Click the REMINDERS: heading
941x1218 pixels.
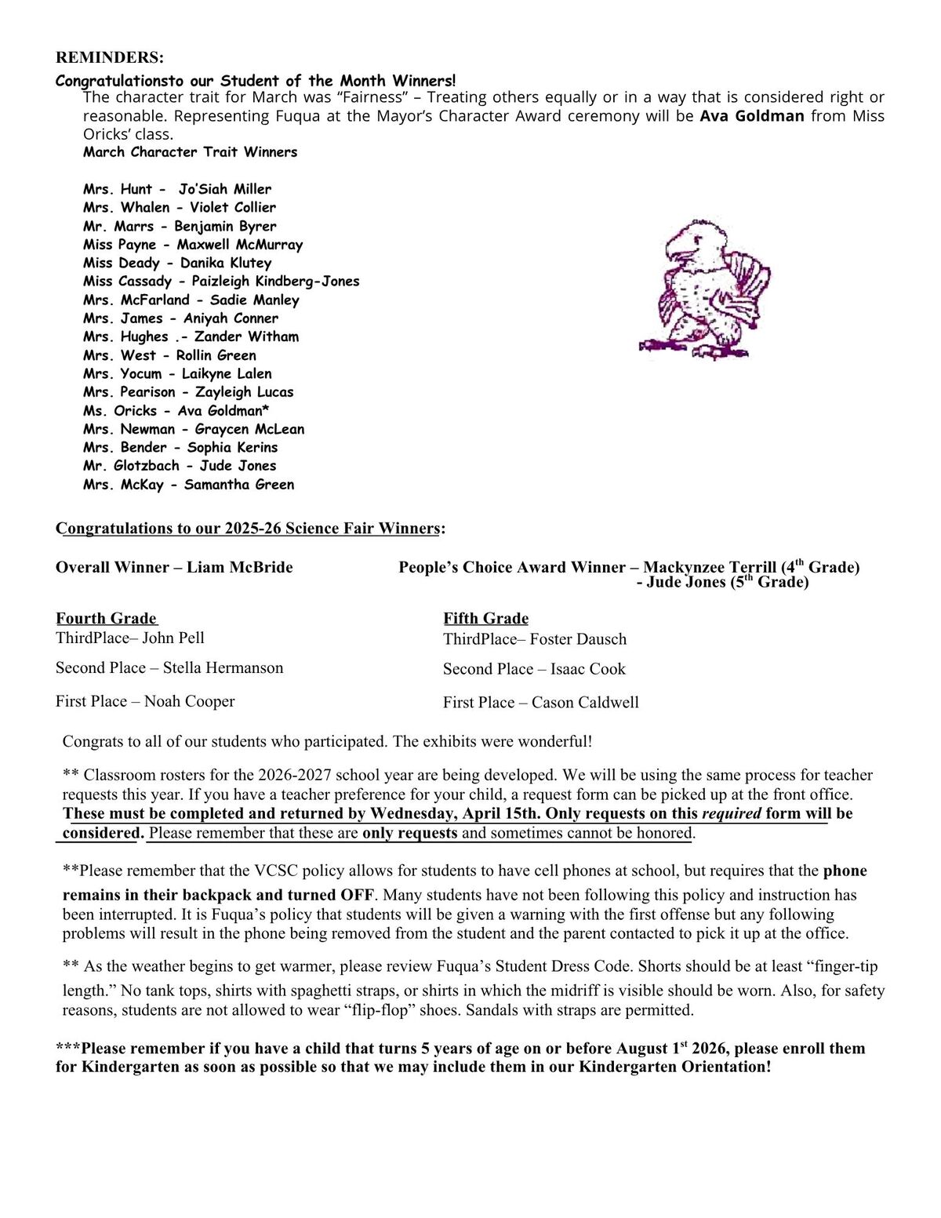110,57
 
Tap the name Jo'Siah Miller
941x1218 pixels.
224,189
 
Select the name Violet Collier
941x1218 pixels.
232,208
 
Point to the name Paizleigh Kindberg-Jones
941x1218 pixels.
275,281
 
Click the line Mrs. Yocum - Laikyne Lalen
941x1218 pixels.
177,373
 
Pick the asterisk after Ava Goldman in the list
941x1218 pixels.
266,408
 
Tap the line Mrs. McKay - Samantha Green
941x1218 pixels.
188,485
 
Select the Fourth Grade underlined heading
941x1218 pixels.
106,618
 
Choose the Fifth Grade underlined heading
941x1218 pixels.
485,618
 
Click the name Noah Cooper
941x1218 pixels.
189,701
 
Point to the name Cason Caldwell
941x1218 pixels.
585,702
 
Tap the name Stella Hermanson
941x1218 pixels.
223,667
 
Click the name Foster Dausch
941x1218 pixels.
578,639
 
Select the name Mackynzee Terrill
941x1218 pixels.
710,567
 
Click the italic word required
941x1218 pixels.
731,813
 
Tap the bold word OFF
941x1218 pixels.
357,895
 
